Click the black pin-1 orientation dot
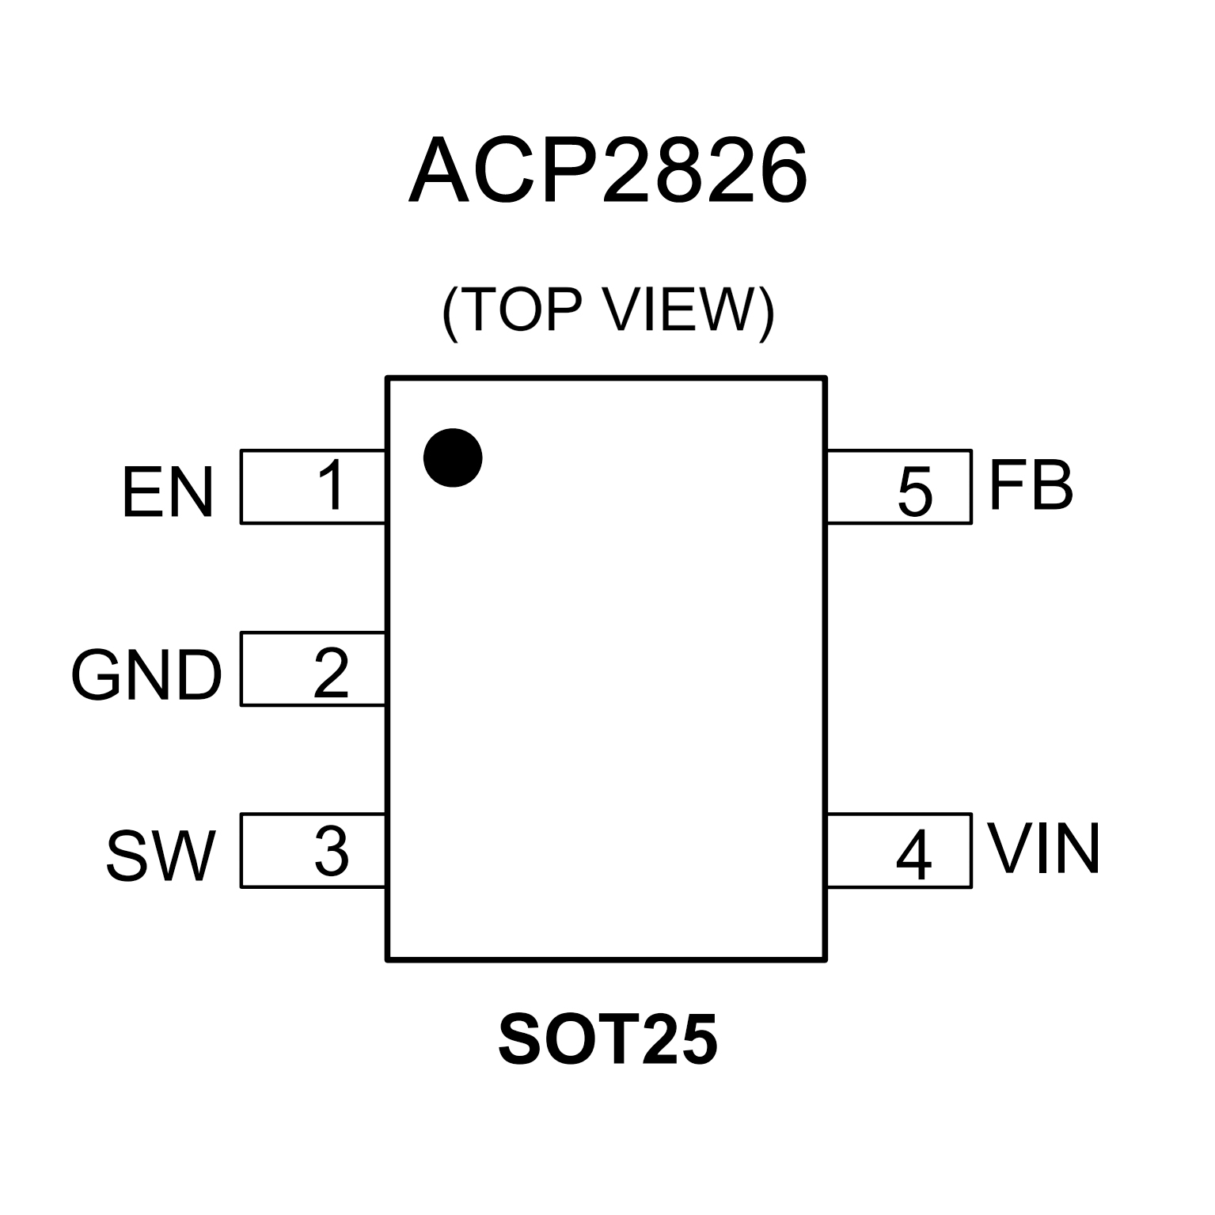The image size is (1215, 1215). [x=453, y=458]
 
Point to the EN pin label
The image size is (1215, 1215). [x=168, y=493]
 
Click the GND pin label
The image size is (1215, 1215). [x=146, y=677]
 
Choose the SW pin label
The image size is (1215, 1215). [x=161, y=857]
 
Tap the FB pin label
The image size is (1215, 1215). [x=1031, y=486]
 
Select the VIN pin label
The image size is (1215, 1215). [x=1043, y=850]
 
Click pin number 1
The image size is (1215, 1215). [x=331, y=485]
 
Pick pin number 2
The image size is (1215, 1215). [x=331, y=674]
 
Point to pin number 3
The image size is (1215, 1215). [x=331, y=852]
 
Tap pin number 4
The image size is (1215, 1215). [x=913, y=856]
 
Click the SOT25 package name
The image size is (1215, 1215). [x=608, y=1039]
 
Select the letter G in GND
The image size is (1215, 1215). [x=97, y=677]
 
